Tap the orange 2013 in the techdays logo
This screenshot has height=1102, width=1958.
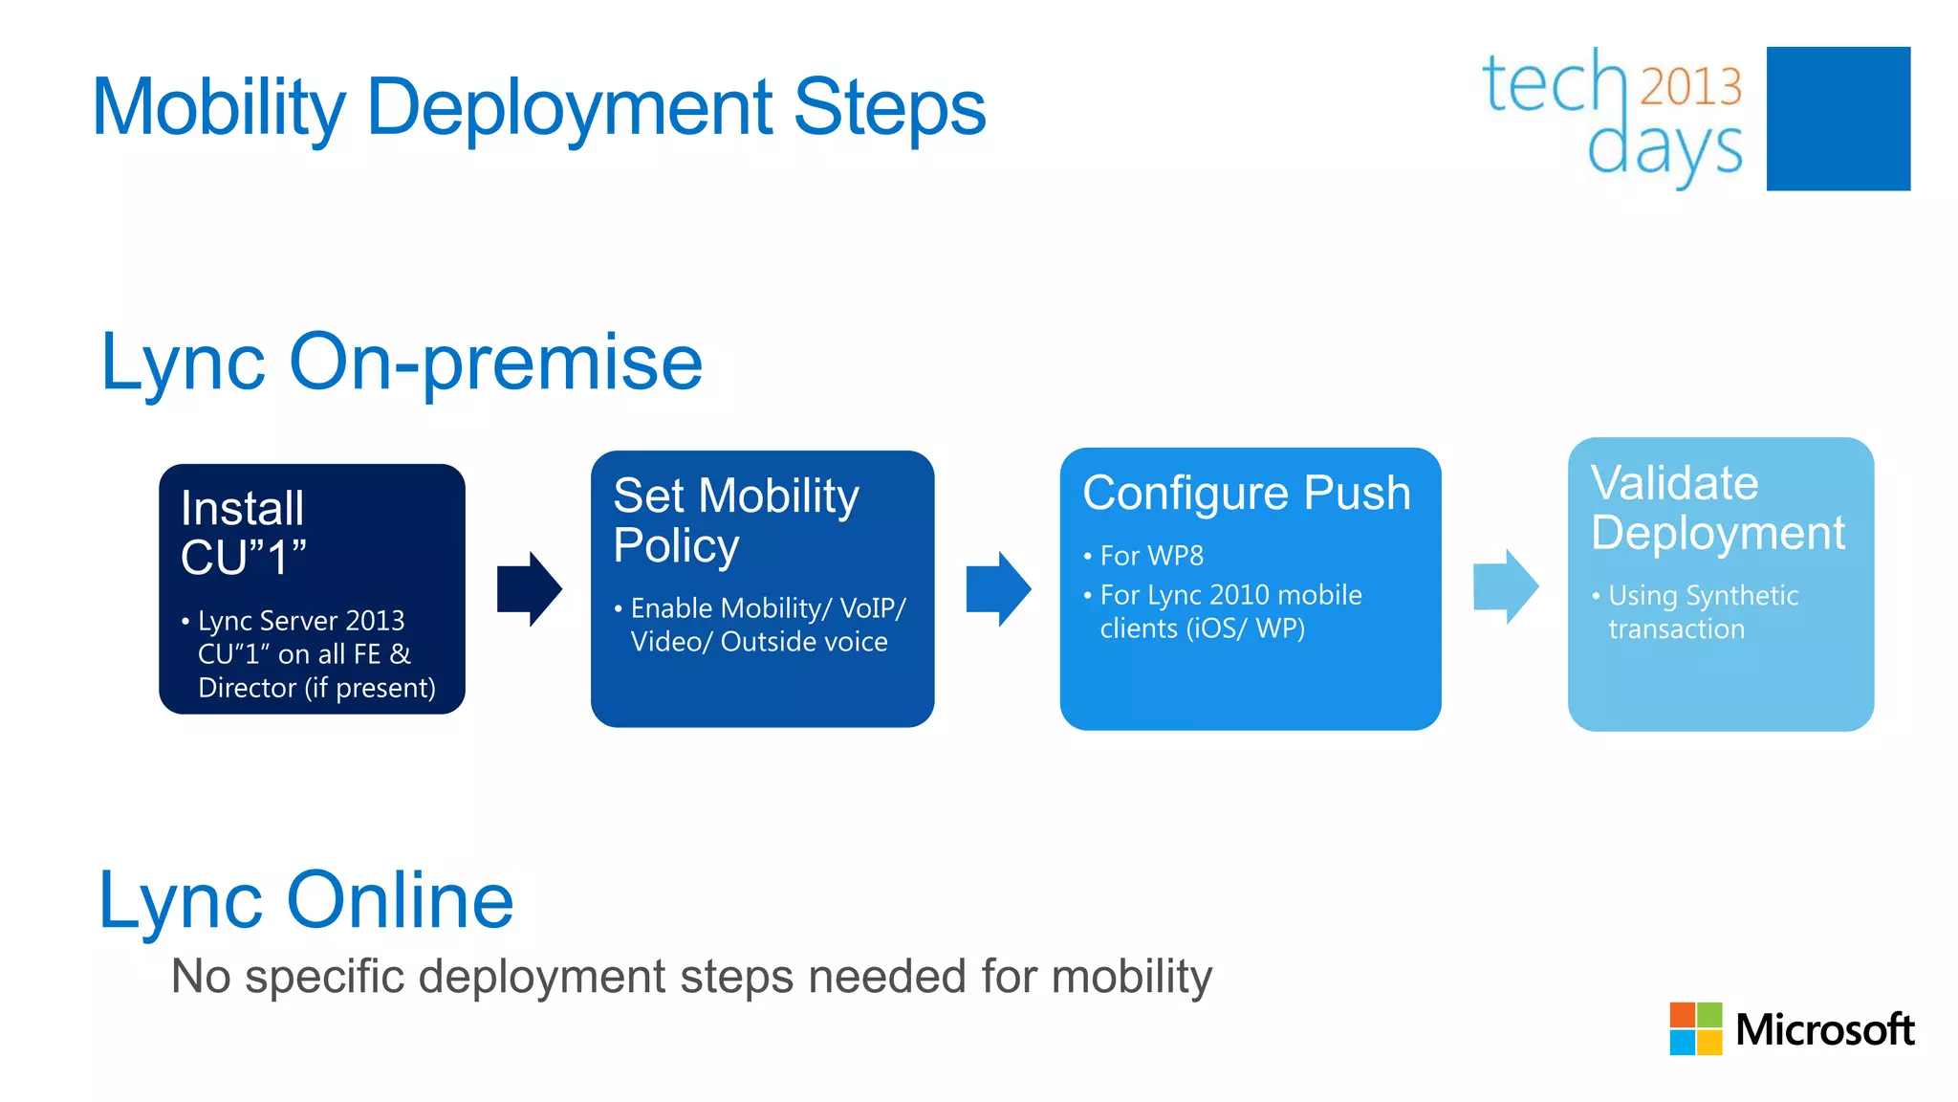[1690, 87]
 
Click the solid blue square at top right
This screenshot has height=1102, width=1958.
[1838, 119]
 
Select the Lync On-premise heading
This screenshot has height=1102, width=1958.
[402, 363]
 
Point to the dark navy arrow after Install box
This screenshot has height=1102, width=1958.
[529, 588]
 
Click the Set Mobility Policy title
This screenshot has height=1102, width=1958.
[735, 520]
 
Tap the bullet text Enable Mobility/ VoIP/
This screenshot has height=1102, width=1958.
[768, 608]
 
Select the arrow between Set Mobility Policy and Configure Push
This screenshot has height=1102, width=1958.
[998, 588]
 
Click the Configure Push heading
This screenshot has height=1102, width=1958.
[1246, 494]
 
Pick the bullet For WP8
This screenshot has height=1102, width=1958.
[1151, 556]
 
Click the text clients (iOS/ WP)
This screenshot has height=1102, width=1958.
[1202, 628]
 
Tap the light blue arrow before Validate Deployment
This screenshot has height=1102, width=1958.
[1506, 586]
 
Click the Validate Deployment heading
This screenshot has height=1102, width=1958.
[1717, 508]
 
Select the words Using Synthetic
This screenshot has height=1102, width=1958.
[1703, 596]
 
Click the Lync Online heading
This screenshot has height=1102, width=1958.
[306, 900]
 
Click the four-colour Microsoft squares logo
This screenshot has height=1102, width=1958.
[1695, 1028]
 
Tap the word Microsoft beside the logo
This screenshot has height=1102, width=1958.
[1824, 1030]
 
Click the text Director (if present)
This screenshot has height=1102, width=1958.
[316, 688]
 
